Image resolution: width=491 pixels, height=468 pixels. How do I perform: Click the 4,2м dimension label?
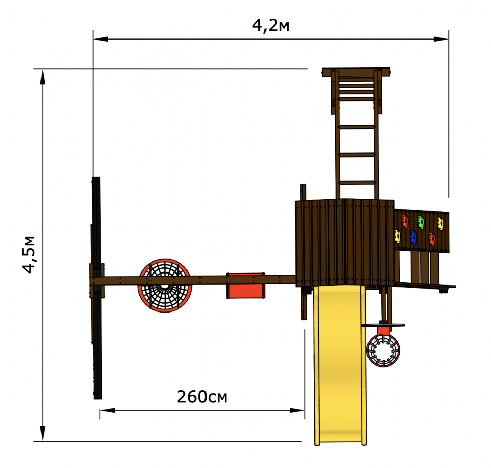[x=270, y=26]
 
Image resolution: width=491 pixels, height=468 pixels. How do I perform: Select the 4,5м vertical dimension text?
[x=29, y=254]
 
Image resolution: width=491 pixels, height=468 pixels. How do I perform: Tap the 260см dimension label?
[x=202, y=397]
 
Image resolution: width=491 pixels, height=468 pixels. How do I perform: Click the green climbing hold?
[x=421, y=222]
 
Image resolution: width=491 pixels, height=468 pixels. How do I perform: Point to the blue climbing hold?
[x=413, y=238]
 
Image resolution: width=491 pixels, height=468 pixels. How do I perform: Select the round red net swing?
[x=165, y=285]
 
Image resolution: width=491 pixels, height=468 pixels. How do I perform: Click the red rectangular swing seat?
[x=246, y=286]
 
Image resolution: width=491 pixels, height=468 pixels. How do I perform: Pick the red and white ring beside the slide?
[x=383, y=350]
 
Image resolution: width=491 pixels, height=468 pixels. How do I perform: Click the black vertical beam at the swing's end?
[x=97, y=288]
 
